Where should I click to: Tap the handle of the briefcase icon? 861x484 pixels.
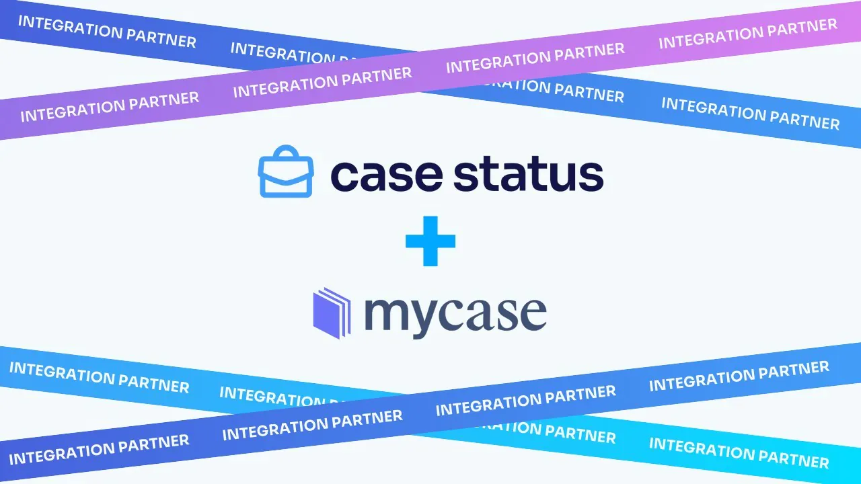coord(286,151)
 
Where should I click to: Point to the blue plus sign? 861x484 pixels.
coord(430,241)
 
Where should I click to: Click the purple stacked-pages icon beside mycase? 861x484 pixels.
coord(332,313)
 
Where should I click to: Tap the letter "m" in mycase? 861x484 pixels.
coord(389,313)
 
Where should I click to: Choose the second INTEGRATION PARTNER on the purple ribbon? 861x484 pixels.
coord(322,82)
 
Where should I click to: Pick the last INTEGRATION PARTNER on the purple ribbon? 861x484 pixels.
coord(748,33)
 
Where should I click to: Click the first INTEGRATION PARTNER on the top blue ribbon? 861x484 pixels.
coord(107,32)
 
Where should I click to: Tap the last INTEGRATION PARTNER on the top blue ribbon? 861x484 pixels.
coord(751,114)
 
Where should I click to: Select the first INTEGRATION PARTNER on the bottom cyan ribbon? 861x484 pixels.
coord(99,377)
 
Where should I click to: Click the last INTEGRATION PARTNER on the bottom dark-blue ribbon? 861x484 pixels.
coord(739,376)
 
